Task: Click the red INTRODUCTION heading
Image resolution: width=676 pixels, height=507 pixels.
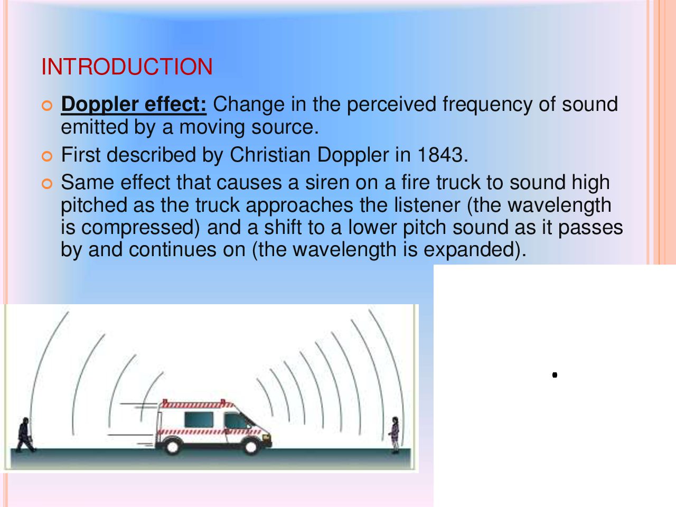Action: (x=127, y=67)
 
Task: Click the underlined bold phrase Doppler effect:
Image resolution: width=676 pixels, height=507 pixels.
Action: (x=134, y=105)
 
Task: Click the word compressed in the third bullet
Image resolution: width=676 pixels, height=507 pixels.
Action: (x=140, y=228)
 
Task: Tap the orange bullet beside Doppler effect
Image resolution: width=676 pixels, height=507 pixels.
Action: (x=47, y=106)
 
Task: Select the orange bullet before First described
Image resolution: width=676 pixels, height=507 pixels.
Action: (x=47, y=156)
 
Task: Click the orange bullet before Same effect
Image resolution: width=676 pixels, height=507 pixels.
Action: (x=47, y=184)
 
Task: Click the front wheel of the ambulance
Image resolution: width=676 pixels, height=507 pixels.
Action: (x=251, y=447)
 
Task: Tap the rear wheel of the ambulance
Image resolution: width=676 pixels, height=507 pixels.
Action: (x=172, y=447)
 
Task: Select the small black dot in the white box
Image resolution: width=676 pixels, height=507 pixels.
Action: (x=555, y=375)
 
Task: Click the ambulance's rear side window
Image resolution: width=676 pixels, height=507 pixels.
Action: (x=199, y=419)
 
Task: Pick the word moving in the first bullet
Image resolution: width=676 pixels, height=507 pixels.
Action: (x=212, y=128)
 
